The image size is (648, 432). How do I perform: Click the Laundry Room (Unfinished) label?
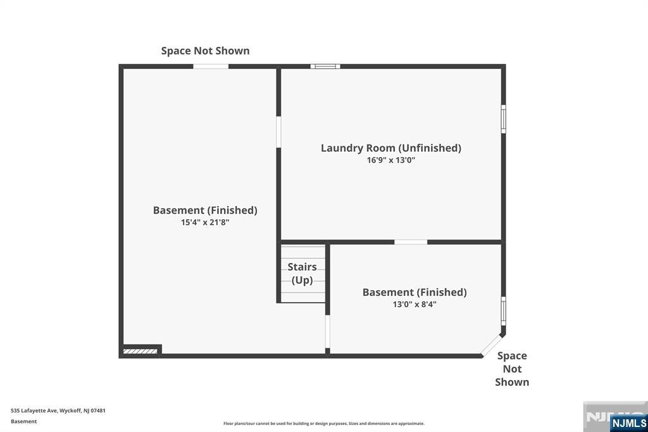click(x=390, y=148)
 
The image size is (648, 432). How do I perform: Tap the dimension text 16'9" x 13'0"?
click(x=390, y=160)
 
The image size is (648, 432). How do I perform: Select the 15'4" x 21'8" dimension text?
click(x=205, y=222)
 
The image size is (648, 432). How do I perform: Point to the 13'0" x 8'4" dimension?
click(x=414, y=304)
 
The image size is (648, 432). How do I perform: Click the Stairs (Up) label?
click(x=302, y=274)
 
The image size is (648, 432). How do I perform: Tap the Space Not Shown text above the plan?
click(x=205, y=51)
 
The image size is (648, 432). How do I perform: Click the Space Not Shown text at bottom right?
click(x=512, y=369)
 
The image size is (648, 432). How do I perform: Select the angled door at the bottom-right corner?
click(x=491, y=345)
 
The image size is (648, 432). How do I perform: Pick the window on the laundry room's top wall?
click(x=325, y=66)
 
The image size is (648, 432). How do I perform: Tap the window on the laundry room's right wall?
click(x=504, y=118)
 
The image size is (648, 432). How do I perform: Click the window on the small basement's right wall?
click(x=504, y=310)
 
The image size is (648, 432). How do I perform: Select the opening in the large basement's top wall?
click(x=211, y=66)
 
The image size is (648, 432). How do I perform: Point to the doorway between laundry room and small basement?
click(x=411, y=242)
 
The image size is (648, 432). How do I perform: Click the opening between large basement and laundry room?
click(x=278, y=132)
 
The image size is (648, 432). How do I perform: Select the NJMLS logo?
click(x=628, y=422)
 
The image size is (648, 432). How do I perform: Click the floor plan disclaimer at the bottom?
click(x=323, y=423)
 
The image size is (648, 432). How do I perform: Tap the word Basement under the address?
click(x=24, y=421)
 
